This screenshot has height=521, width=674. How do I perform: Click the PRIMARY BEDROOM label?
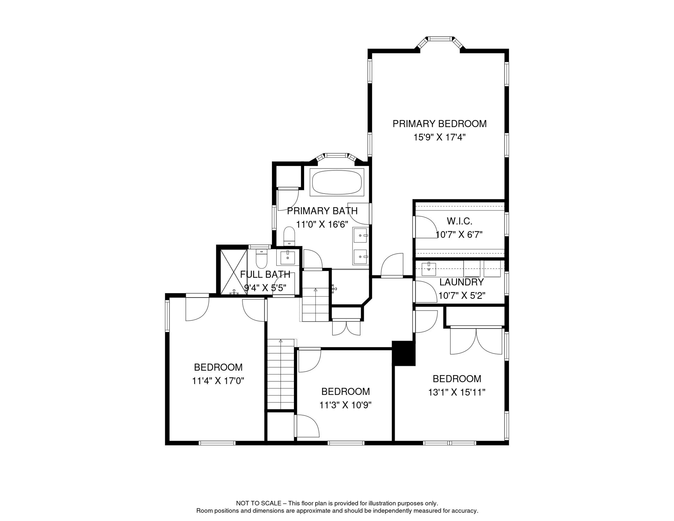point(439,124)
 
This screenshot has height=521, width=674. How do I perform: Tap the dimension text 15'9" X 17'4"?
point(439,137)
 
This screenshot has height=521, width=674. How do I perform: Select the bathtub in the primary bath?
point(337,182)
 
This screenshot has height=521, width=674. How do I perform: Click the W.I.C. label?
point(459,221)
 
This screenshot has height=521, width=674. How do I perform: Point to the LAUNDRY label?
point(461,282)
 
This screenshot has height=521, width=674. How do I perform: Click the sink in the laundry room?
point(429,269)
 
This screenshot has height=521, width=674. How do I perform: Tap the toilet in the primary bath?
point(289,236)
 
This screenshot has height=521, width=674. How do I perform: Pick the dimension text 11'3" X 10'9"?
point(345,405)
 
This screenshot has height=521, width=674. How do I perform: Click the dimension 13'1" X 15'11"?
point(457,392)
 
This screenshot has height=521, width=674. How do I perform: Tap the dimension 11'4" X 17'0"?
point(218,381)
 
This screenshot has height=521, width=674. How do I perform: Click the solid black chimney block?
point(404,353)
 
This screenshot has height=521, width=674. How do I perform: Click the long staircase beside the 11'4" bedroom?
point(281,375)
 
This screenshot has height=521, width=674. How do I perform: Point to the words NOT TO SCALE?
point(258,503)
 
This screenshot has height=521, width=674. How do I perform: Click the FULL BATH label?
point(265,274)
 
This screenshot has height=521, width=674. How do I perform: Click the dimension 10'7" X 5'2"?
point(461,296)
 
